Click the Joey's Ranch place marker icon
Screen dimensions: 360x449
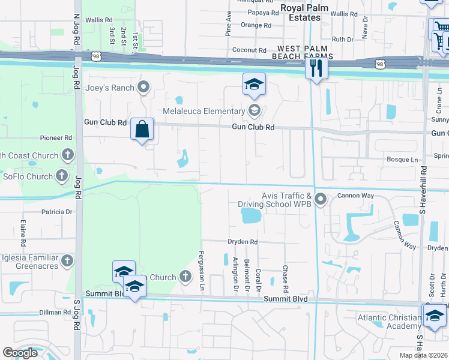[x=143, y=88]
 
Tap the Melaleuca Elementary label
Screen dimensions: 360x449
[x=203, y=110]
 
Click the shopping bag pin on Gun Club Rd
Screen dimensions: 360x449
[x=142, y=129]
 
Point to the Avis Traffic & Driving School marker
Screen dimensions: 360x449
[x=321, y=199]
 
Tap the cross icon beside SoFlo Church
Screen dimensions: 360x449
[x=62, y=176]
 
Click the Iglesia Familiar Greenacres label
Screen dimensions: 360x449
[x=28, y=261]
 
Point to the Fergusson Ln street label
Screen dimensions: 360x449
[x=202, y=270]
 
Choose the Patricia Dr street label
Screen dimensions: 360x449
[x=57, y=212]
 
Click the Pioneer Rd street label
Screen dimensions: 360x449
[x=56, y=137]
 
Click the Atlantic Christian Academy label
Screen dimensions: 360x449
[x=389, y=322]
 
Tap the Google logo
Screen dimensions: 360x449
[x=20, y=352]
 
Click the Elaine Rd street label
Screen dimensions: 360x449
[x=23, y=233]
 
